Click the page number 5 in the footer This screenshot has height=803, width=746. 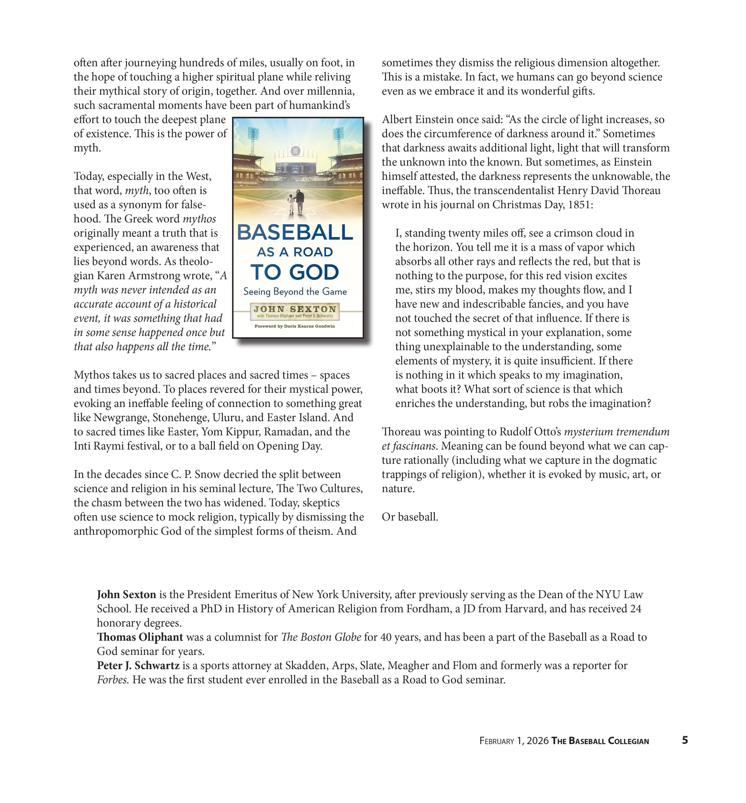coord(685,740)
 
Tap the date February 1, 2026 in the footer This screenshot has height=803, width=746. coord(514,741)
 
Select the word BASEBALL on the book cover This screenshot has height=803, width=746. coord(295,233)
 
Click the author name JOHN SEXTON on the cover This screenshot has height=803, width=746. coord(295,309)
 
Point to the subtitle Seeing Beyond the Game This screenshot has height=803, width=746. coord(295,292)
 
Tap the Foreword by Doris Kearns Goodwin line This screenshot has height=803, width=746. coord(295,326)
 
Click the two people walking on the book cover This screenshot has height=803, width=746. coord(295,202)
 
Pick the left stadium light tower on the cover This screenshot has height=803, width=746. coord(253,139)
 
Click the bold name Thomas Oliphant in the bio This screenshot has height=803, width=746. coord(140,637)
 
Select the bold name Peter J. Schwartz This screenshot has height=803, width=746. coord(138,665)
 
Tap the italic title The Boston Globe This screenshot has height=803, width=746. coord(321,637)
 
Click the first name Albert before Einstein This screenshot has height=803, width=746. coord(397,120)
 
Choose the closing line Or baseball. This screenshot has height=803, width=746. coord(410,517)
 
